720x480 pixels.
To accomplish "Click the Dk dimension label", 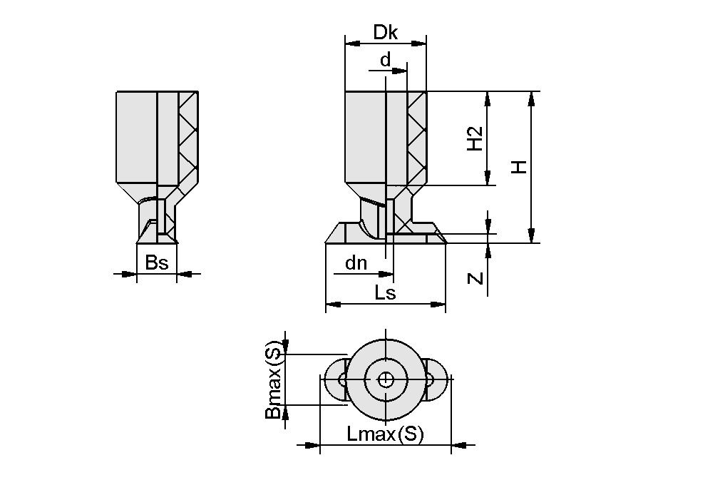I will click(x=385, y=33).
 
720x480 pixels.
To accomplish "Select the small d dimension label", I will click(x=385, y=60).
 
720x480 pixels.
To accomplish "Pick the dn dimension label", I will click(x=356, y=263).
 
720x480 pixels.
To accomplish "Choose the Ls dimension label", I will click(x=385, y=292).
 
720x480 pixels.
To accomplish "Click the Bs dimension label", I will click(x=156, y=262).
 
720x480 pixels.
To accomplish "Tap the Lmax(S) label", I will click(x=385, y=434).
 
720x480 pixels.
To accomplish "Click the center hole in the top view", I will click(x=385, y=379).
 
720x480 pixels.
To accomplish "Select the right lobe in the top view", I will click(x=436, y=379).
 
